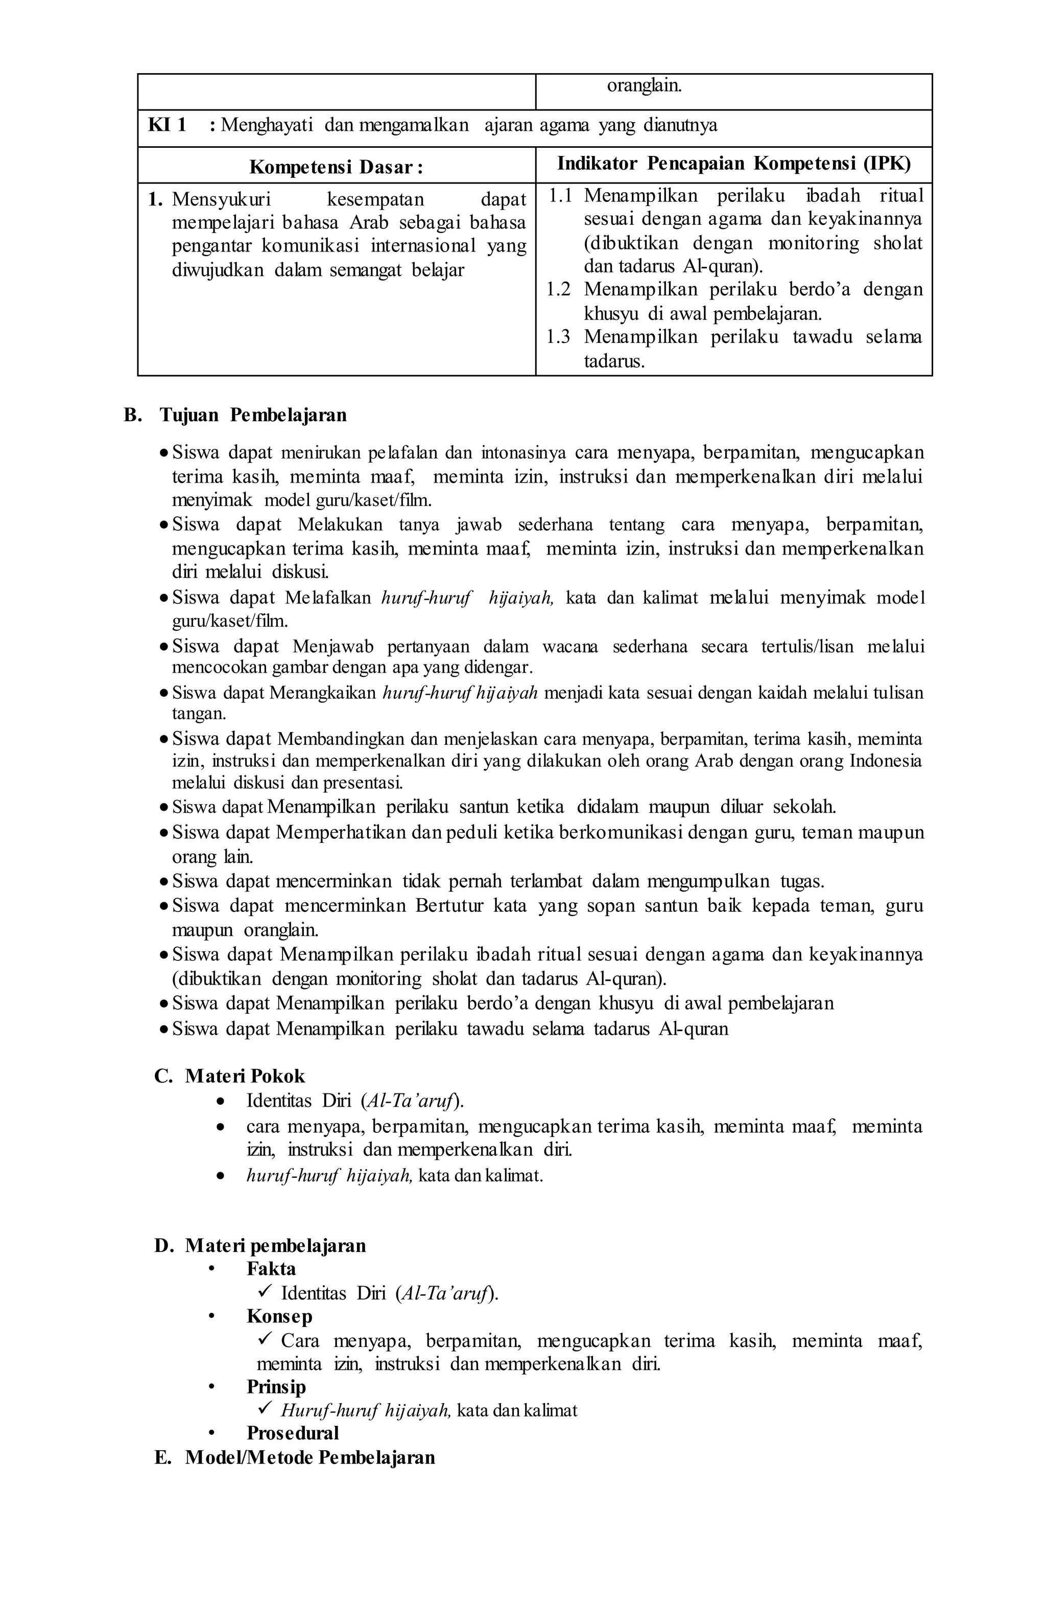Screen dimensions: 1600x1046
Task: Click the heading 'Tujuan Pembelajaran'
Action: [x=253, y=415]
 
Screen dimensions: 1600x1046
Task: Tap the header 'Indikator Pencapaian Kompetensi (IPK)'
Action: [x=733, y=164]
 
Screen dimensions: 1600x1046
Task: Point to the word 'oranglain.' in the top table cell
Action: [x=644, y=86]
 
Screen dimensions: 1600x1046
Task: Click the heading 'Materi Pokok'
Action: [x=245, y=1077]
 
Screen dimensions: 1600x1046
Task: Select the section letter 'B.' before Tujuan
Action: [x=133, y=415]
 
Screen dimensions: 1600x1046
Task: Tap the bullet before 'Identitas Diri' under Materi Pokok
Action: [x=220, y=1102]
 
